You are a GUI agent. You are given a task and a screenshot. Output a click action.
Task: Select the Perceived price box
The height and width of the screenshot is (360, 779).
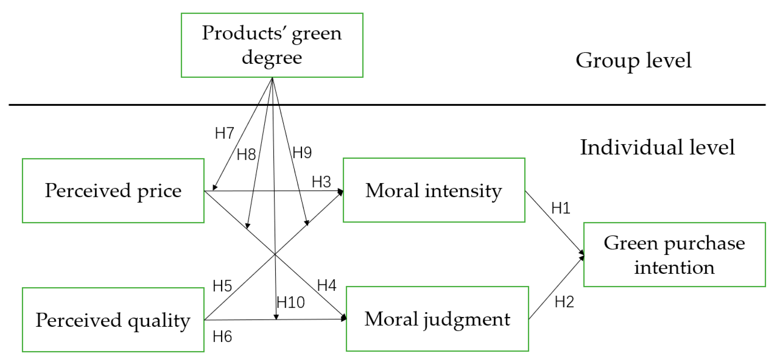tap(113, 191)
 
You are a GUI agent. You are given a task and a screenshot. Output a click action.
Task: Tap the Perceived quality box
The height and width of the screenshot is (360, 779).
tap(113, 320)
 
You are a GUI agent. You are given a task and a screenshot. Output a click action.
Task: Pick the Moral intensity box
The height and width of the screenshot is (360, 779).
tap(434, 190)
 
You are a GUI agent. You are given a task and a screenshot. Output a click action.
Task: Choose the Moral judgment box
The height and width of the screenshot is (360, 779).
tap(437, 319)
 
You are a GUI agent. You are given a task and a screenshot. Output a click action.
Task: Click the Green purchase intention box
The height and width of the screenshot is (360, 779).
tap(674, 255)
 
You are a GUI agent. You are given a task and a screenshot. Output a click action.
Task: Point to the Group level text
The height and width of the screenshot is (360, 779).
tap(633, 60)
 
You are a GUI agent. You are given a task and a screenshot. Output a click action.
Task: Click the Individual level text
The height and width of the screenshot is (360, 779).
tap(657, 147)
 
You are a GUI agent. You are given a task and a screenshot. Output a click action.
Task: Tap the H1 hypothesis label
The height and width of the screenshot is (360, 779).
tap(560, 208)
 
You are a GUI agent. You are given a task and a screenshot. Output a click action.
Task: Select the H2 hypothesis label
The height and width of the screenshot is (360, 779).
tap(564, 302)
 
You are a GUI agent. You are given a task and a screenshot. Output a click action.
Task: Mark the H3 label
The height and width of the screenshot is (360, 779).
tap(321, 182)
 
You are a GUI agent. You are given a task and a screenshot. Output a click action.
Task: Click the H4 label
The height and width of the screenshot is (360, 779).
tap(326, 285)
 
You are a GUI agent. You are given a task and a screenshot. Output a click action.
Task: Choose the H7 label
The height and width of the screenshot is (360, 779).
tap(224, 133)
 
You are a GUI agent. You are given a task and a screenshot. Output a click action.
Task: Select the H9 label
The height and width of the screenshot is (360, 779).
tap(302, 152)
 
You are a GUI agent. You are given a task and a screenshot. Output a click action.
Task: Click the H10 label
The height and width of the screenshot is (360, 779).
tap(290, 302)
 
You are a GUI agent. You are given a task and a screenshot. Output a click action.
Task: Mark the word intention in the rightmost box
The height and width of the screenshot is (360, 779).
tap(674, 268)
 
